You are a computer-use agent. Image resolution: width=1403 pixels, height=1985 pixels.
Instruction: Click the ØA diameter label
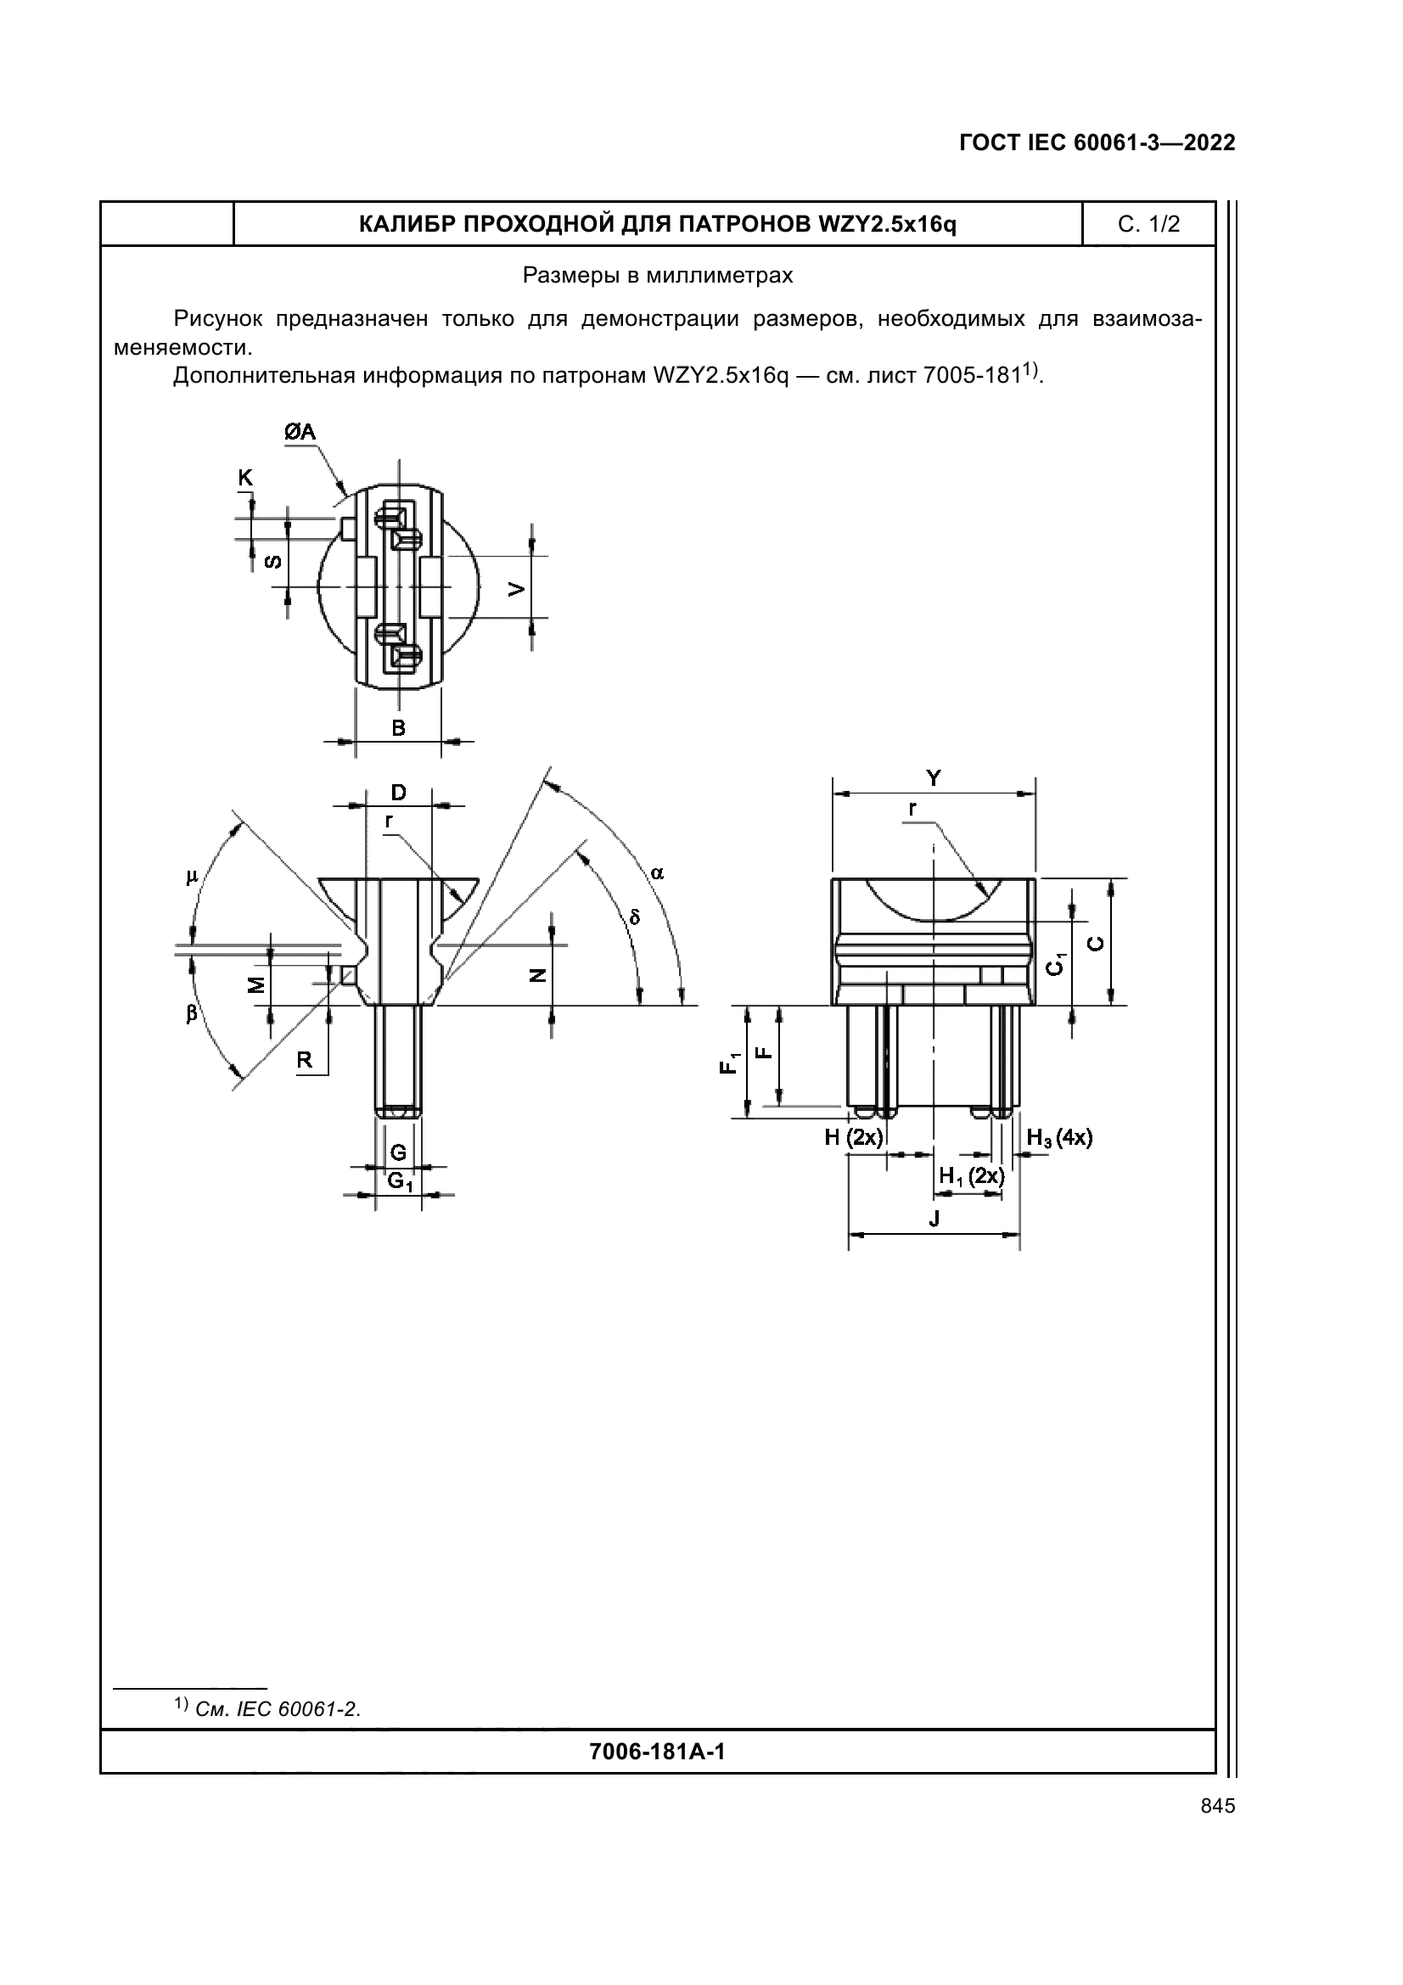300,432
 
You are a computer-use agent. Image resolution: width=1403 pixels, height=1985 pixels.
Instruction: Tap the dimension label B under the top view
399,728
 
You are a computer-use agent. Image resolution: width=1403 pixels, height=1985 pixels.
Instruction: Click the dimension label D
399,793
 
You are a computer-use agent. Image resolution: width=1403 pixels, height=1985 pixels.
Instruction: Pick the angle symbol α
657,873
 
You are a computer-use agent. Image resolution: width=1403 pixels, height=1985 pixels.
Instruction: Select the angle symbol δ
635,917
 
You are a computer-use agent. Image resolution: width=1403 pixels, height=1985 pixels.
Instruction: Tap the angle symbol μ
192,878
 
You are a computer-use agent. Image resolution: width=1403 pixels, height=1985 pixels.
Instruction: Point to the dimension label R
305,1060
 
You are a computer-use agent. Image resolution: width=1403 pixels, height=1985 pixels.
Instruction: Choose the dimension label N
537,975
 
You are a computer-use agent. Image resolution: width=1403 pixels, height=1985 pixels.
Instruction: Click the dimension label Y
934,778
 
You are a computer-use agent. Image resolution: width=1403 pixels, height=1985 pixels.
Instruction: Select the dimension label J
934,1219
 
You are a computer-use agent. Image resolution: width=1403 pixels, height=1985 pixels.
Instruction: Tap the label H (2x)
853,1137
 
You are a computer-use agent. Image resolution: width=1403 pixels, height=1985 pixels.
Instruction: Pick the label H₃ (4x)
1060,1138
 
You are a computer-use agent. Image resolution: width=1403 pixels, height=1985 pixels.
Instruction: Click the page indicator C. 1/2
1149,225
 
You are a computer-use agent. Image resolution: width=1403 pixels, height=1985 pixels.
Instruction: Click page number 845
1218,1806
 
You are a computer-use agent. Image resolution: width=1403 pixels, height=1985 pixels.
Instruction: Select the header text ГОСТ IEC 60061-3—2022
1097,143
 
